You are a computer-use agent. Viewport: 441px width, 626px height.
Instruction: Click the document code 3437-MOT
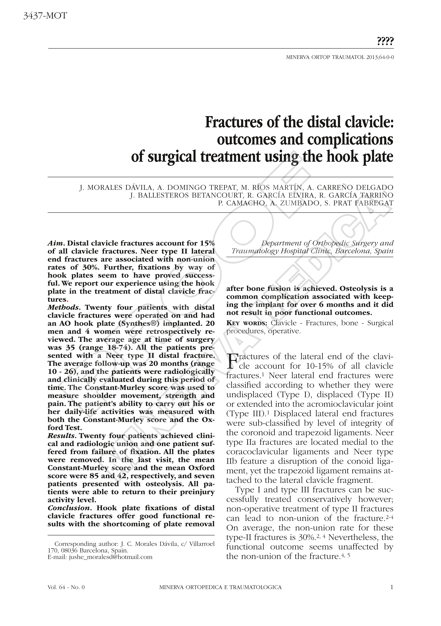pyautogui.click(x=45, y=16)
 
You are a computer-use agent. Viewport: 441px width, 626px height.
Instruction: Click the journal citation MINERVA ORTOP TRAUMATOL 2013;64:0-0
pyautogui.click(x=340, y=58)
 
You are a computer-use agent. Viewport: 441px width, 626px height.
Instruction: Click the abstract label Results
pyautogui.click(x=61, y=436)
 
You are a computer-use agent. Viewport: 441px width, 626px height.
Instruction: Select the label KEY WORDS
pyautogui.click(x=247, y=323)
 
